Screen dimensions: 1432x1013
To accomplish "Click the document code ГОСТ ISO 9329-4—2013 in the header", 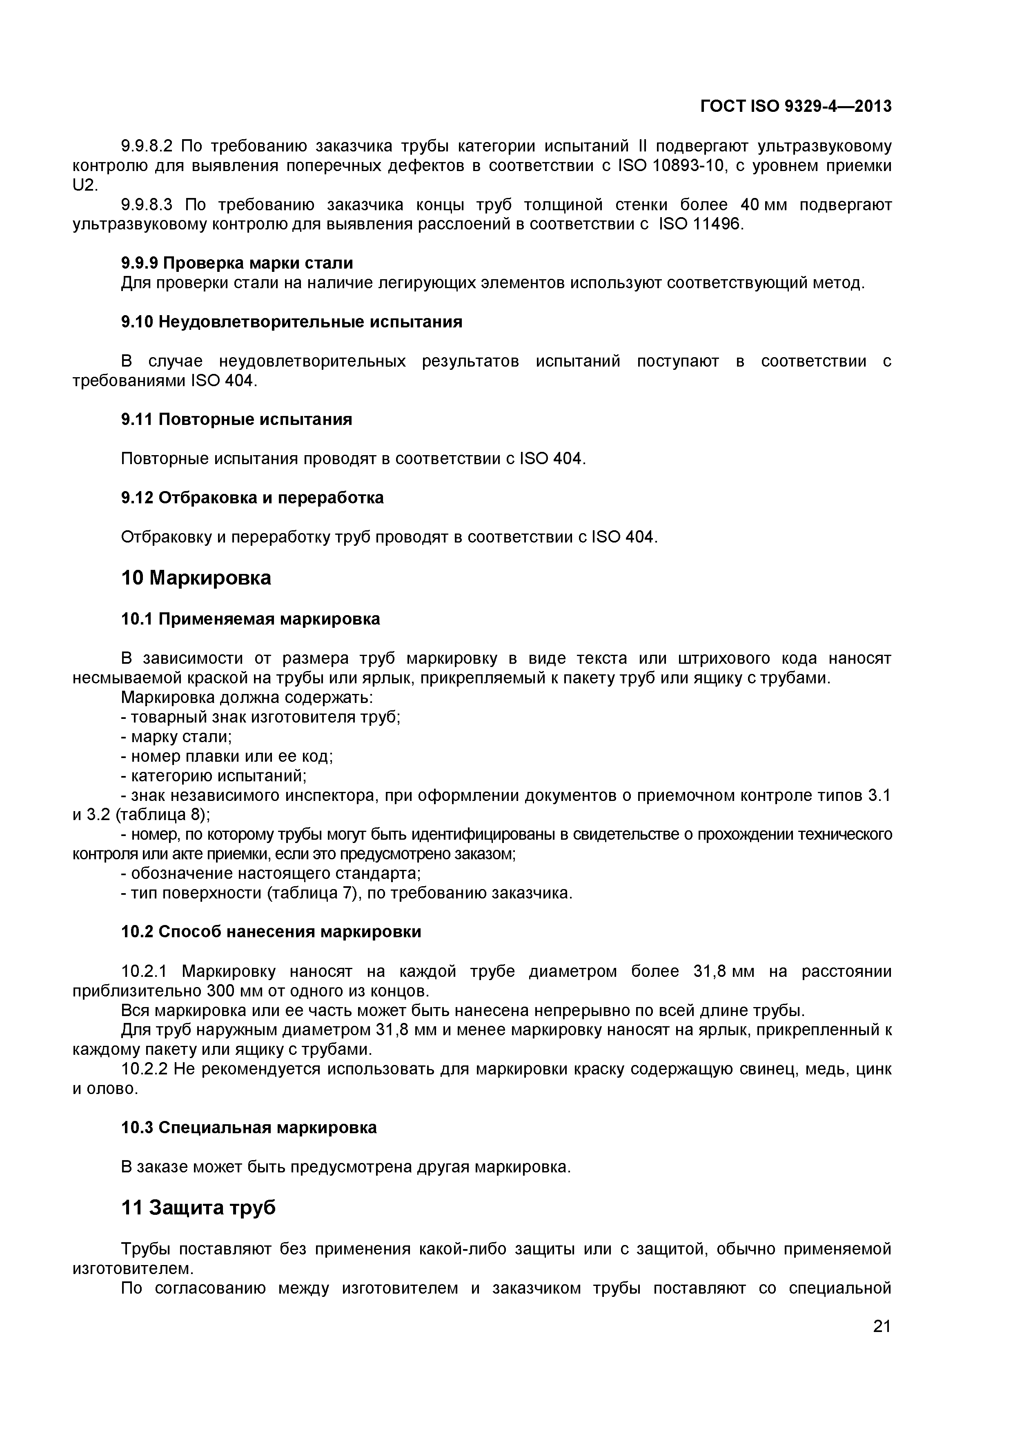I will tap(796, 107).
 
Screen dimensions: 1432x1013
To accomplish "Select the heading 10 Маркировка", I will tap(196, 578).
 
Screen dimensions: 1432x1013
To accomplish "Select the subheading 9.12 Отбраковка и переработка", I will tap(252, 498).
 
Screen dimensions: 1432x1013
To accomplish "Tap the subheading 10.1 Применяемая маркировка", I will tap(250, 619).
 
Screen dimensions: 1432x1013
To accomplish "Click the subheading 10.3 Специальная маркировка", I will tap(249, 1127).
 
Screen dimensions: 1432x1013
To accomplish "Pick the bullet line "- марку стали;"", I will tap(176, 736).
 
